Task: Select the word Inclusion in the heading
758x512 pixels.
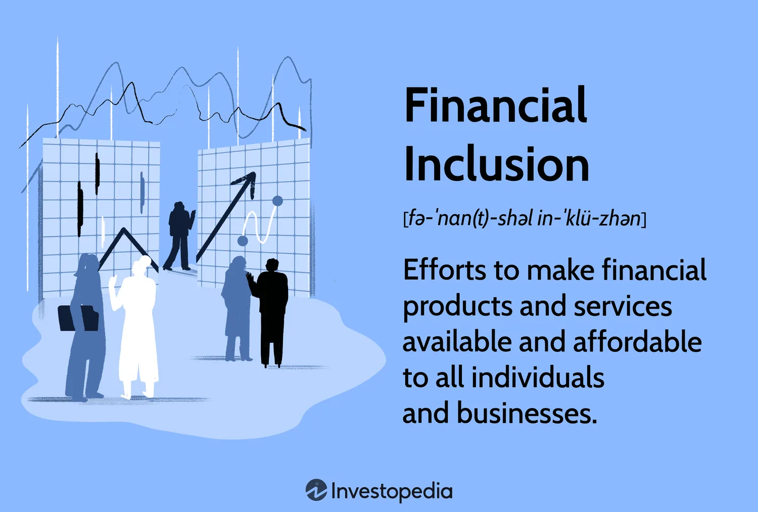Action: [x=496, y=164]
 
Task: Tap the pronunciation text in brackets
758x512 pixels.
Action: [x=525, y=218]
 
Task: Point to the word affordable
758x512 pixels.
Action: [x=638, y=342]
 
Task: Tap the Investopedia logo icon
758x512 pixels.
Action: [x=316, y=490]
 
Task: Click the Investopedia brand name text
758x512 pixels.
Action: [x=392, y=491]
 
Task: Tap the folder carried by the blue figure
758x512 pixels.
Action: [x=78, y=318]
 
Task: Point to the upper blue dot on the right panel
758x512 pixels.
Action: [x=277, y=201]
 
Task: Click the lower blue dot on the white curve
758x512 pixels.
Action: [x=243, y=241]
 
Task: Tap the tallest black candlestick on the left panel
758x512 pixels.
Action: [x=80, y=209]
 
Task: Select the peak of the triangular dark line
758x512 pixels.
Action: [x=124, y=229]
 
